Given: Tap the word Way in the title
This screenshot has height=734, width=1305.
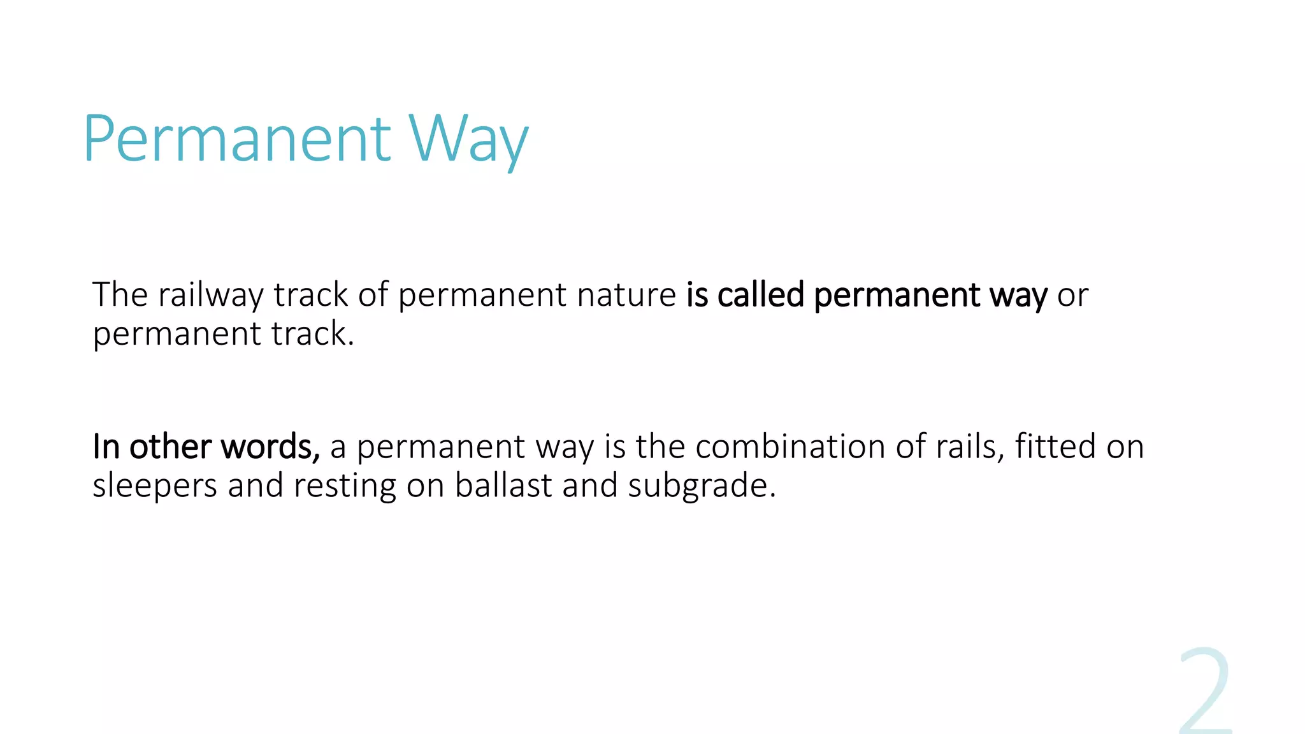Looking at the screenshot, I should pos(468,138).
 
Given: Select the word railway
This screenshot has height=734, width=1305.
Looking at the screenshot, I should pos(210,295).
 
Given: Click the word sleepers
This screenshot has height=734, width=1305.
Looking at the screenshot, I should pos(155,486).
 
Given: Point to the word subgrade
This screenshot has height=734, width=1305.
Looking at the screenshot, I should pos(702,486).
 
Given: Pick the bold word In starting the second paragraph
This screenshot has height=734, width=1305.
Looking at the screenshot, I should pos(106,447).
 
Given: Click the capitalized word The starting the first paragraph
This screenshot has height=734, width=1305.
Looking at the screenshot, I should pos(120,295).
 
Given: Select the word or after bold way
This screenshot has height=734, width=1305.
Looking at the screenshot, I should pos(1072,295).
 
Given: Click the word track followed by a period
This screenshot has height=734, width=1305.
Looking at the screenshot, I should pos(309,334).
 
